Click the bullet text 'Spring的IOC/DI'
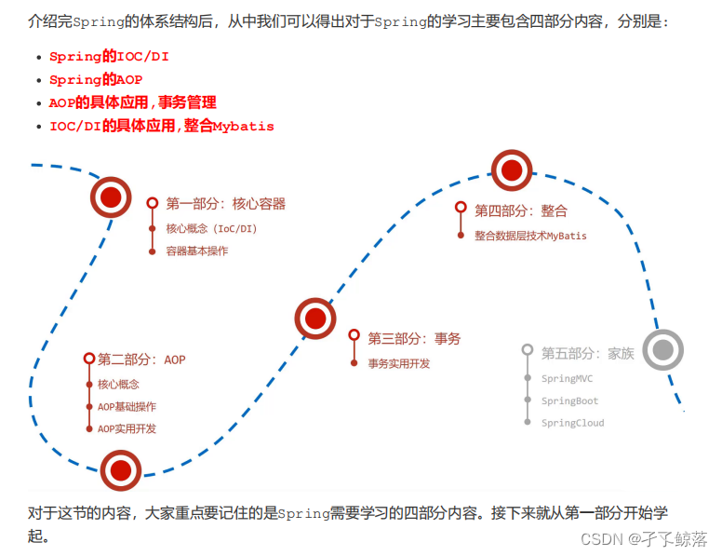[109, 57]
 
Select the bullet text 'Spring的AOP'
[96, 80]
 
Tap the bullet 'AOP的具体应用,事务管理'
[132, 102]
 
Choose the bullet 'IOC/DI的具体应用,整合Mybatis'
[161, 126]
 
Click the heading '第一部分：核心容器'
[225, 204]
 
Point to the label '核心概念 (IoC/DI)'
[211, 228]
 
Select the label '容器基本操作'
[196, 251]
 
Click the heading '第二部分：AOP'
[141, 359]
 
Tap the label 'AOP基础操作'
[127, 407]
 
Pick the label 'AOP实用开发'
[127, 429]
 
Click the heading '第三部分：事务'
[413, 339]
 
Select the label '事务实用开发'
[398, 363]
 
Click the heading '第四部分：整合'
[520, 211]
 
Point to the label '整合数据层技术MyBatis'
[530, 236]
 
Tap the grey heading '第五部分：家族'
[587, 354]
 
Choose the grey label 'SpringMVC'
[567, 379]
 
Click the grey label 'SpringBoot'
[569, 401]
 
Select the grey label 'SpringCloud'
[572, 423]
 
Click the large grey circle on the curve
[662, 350]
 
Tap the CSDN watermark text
[643, 539]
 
